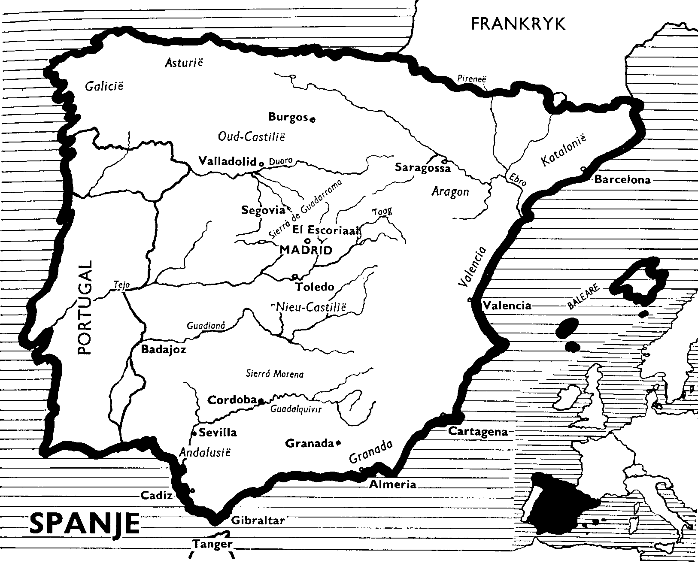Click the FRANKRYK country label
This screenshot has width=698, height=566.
[x=518, y=24]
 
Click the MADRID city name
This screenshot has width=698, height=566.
[x=306, y=250]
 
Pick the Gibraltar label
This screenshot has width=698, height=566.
[x=258, y=521]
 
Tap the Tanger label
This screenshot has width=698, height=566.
[x=212, y=545]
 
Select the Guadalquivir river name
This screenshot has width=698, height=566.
[x=296, y=409]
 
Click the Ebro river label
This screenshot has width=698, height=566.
[x=517, y=179]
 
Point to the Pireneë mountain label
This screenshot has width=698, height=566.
[x=472, y=79]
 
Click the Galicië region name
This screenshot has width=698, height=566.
[x=104, y=86]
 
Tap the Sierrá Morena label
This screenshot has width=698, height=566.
[x=275, y=374]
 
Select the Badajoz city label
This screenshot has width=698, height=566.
[x=164, y=349]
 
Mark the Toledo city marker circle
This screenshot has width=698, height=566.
[x=294, y=276]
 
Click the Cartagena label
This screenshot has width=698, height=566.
[x=478, y=432]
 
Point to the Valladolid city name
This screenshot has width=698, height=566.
[x=227, y=161]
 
